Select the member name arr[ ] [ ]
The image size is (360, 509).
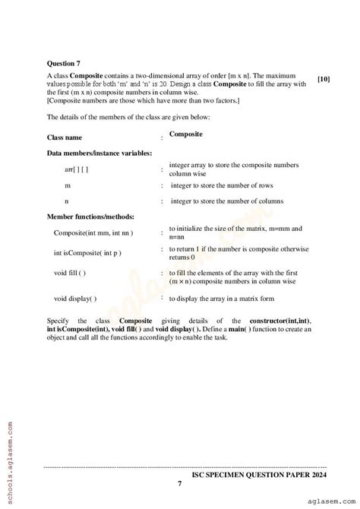click(x=76, y=169)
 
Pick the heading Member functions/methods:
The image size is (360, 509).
click(x=88, y=217)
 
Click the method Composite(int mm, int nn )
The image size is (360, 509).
click(x=96, y=232)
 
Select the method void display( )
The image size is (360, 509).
click(x=75, y=298)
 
